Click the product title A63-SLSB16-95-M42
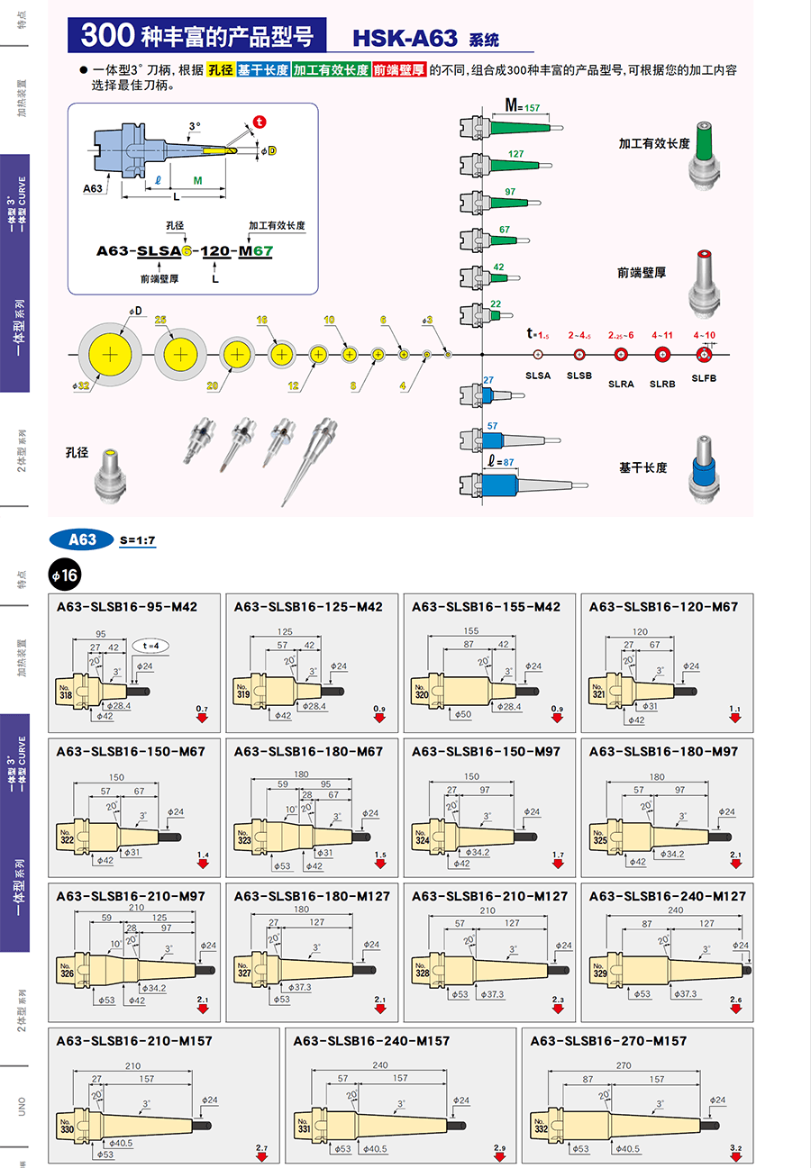tap(126, 607)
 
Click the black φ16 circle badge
tap(65, 575)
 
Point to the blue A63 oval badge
tap(82, 539)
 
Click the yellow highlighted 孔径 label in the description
tap(220, 69)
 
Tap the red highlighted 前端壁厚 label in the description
tap(398, 69)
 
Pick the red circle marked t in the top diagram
tap(260, 122)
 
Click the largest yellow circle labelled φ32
tap(109, 355)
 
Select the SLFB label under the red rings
tap(704, 377)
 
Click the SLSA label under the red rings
tap(537, 375)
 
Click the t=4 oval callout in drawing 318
tap(152, 646)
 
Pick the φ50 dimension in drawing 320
tap(463, 715)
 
